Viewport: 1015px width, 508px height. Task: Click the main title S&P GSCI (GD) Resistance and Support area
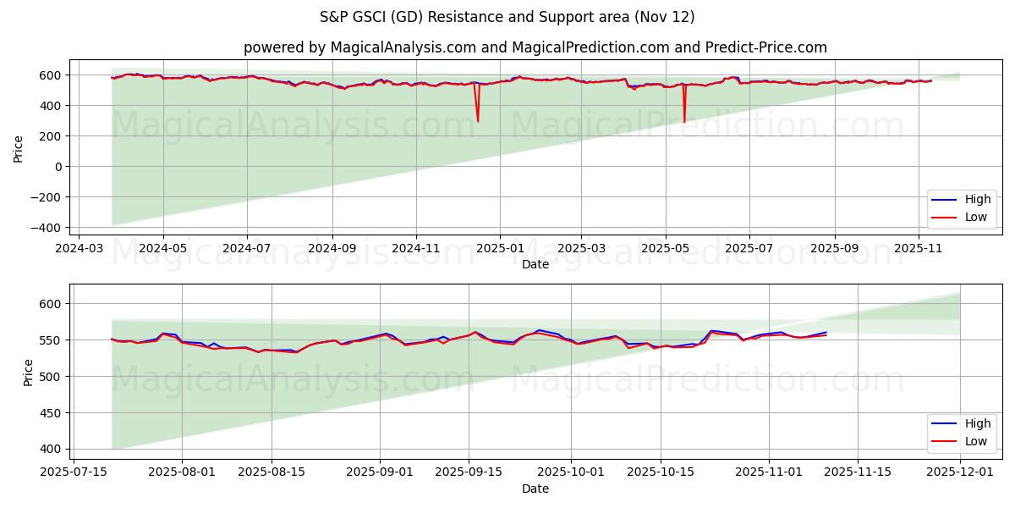tap(507, 17)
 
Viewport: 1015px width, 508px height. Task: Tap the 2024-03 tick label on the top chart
tap(80, 249)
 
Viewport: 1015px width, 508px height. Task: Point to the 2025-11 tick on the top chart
tap(918, 249)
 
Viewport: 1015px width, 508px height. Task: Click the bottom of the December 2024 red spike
tap(478, 121)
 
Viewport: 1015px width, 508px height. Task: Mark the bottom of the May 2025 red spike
tap(684, 122)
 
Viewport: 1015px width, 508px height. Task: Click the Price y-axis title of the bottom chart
tap(28, 373)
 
